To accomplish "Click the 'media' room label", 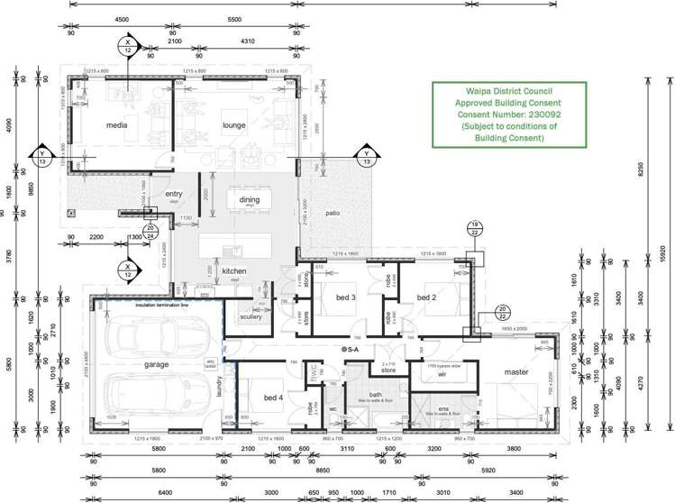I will (x=116, y=125).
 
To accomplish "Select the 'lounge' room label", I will (x=234, y=125).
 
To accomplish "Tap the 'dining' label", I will (x=249, y=201).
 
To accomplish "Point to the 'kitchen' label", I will (x=234, y=271).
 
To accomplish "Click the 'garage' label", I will (x=157, y=365).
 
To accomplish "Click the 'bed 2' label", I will (x=426, y=297).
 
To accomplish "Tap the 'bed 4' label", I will (x=273, y=397).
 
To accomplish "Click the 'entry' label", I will (x=174, y=195).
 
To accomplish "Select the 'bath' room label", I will (x=376, y=395).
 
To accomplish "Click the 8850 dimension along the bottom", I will (x=322, y=469).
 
